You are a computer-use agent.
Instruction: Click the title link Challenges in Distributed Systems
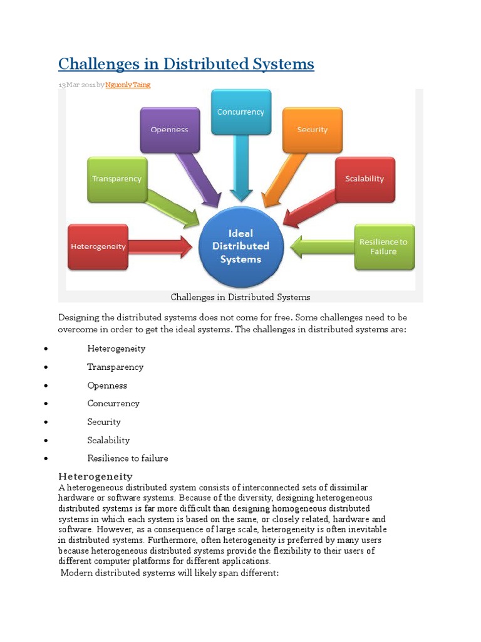(186, 64)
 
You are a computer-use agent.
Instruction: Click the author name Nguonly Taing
(128, 85)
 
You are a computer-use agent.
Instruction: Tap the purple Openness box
(169, 130)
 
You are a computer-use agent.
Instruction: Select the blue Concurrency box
(240, 112)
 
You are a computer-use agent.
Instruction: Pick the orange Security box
(312, 130)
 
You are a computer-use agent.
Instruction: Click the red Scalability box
(365, 179)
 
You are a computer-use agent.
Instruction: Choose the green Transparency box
(117, 179)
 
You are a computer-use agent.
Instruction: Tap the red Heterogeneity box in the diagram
(98, 246)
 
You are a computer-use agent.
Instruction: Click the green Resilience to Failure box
(383, 246)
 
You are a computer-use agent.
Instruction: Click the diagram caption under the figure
(240, 297)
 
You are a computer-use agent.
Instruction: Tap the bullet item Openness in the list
(107, 386)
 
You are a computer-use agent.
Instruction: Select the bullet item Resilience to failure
(128, 458)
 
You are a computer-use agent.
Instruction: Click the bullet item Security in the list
(104, 422)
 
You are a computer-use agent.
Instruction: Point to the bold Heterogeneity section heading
(95, 476)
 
